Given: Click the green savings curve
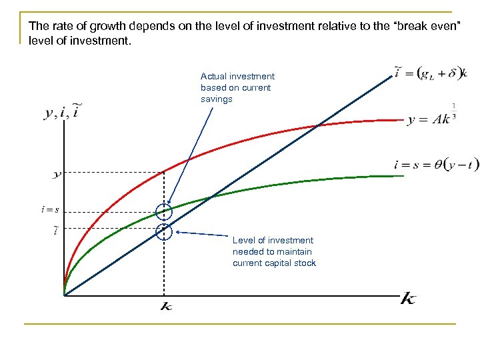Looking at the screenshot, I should point(300,181).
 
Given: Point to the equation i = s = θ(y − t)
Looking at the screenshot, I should point(436,165).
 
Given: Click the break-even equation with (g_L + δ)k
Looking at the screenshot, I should point(430,73).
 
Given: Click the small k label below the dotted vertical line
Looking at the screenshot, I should point(166,307).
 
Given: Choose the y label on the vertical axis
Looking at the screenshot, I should point(56,174).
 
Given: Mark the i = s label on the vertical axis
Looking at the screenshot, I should point(50,210).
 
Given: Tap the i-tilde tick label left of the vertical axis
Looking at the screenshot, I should point(55,231).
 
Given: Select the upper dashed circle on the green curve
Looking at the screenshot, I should point(164,213).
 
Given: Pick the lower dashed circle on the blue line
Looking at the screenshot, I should point(164,231).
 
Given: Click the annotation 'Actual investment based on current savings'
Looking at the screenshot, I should point(237,87).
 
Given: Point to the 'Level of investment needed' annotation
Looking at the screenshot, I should point(274,251).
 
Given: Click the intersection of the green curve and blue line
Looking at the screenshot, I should point(211,197).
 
